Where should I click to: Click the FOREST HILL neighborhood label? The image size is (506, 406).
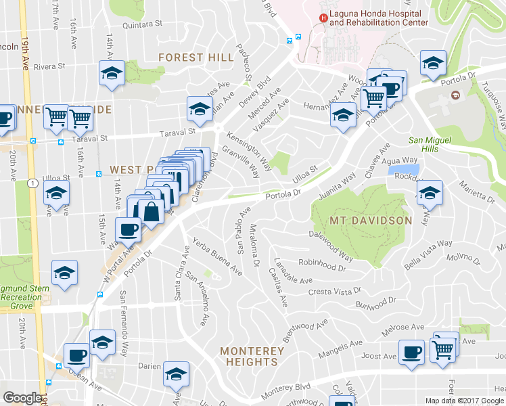point(195,58)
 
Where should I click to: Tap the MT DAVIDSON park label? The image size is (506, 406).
point(371,221)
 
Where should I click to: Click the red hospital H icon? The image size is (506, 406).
point(323,18)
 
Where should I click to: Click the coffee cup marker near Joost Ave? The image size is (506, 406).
point(411,352)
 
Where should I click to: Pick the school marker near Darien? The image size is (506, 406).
point(176,374)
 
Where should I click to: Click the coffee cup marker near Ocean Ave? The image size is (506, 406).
point(76,355)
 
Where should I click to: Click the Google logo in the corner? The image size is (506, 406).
point(22,399)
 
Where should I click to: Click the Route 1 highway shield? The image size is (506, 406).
point(32,183)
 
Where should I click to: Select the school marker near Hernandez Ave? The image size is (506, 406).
point(343,116)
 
